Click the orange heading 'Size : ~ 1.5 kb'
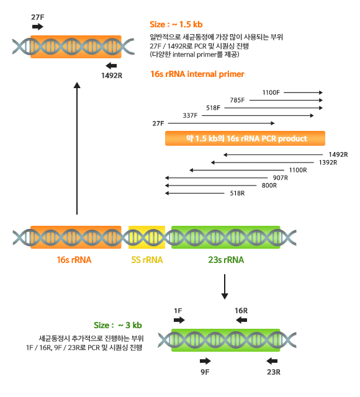tap(176, 25)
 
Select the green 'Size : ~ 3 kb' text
tap(118, 325)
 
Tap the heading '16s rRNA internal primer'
tap(197, 74)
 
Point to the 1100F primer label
tap(271, 92)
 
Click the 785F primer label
tap(237, 100)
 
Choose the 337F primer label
tap(190, 116)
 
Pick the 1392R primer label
tap(328, 163)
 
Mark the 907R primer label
tap(280, 178)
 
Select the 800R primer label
tap(269, 185)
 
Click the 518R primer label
tap(237, 193)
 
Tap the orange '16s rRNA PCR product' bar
tap(245, 138)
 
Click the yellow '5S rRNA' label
tap(147, 260)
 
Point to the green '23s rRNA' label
tap(226, 260)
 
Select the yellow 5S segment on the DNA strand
tap(146, 237)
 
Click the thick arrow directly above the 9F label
tap(205, 361)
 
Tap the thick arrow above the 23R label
tap(272, 361)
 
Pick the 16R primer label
tap(241, 311)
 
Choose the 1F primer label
tap(178, 311)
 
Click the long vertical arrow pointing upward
tap(77, 148)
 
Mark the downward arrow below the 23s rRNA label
tap(225, 287)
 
